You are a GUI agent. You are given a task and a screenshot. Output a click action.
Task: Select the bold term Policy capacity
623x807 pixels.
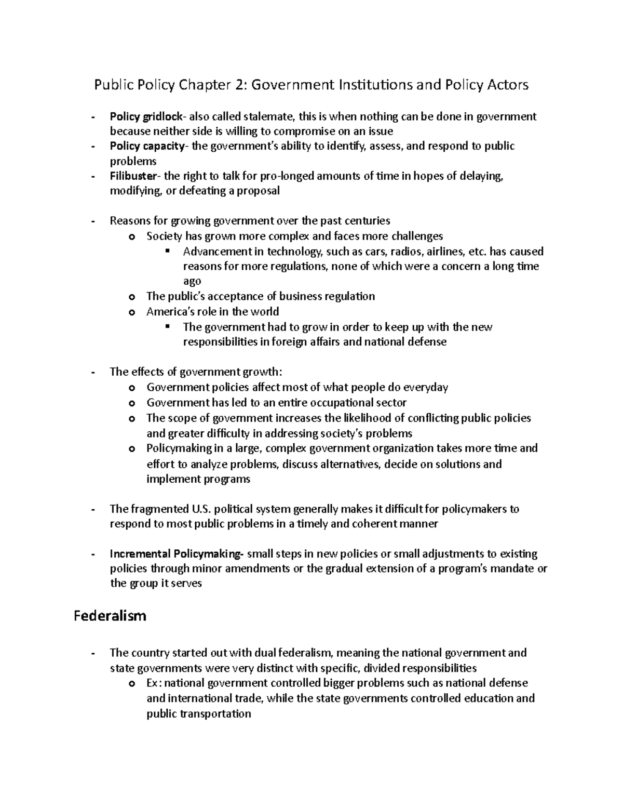pyautogui.click(x=147, y=146)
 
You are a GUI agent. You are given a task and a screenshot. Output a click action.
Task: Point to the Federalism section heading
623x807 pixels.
pyautogui.click(x=110, y=616)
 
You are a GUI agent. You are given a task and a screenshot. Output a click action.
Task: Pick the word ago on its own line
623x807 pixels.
pyautogui.click(x=192, y=281)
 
